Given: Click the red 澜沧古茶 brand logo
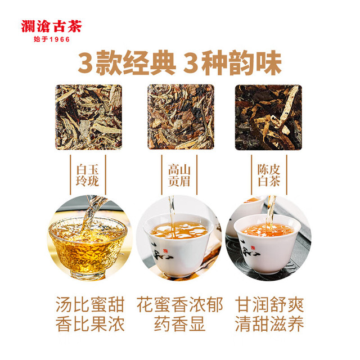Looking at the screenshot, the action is click(51, 26).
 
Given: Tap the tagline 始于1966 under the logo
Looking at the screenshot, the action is click(52, 39).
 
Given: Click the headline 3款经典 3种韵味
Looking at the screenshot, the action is click(180, 62).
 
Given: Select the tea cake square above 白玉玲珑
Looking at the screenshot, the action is click(89, 117).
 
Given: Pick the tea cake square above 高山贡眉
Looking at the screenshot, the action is click(181, 117).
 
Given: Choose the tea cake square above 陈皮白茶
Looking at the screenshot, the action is click(268, 118).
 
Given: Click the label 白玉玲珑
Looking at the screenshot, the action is click(88, 175).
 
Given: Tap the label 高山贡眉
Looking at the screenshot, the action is click(179, 175).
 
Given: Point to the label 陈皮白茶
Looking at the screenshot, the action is click(269, 175).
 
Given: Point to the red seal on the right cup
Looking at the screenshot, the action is click(253, 247).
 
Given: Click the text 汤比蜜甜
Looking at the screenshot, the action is click(90, 305).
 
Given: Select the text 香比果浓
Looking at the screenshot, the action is click(90, 324).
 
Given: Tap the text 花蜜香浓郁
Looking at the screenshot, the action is click(180, 305).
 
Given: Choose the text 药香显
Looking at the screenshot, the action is click(180, 324).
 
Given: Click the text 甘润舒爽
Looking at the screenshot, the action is click(269, 305).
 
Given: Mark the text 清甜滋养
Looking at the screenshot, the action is click(269, 324).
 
